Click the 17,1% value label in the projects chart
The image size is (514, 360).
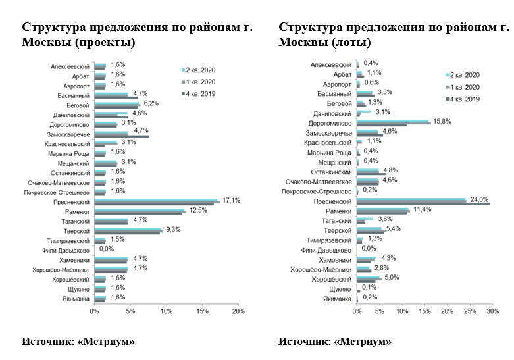[x=230, y=199]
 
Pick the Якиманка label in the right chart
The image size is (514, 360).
[x=337, y=299]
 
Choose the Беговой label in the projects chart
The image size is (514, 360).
[x=78, y=105]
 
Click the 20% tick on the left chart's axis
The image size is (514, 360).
[x=238, y=311]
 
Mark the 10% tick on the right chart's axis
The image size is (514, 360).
[x=401, y=311]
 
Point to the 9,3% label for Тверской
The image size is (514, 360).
[x=173, y=229]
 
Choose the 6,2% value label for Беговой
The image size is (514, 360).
[x=152, y=103]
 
